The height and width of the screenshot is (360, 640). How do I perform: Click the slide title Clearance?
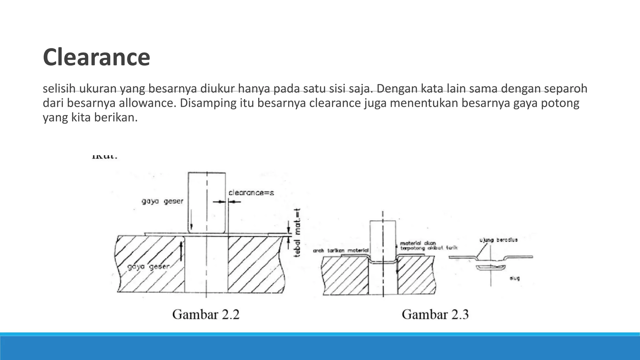(96, 57)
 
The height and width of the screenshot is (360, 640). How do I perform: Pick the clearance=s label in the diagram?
(251, 193)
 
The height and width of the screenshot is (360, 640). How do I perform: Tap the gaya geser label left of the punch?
(162, 201)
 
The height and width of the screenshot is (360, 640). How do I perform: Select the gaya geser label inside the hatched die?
(148, 267)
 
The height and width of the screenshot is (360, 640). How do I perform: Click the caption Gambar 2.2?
(206, 314)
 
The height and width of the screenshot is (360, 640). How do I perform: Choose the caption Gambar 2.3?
(435, 314)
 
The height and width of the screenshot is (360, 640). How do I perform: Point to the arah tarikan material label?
(341, 251)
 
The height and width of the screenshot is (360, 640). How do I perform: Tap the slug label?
(514, 278)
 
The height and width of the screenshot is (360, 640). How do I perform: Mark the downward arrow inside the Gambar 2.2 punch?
(191, 220)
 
